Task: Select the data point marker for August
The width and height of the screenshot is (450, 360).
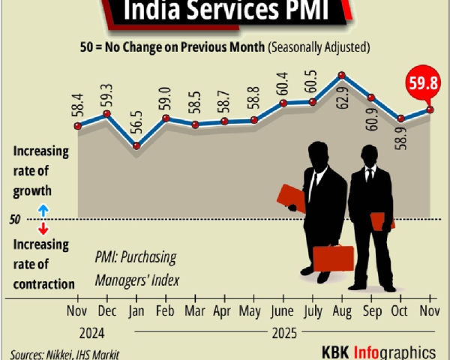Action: click(x=342, y=75)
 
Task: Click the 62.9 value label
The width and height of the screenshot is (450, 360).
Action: click(x=342, y=97)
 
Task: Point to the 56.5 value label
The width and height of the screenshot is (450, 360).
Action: click(x=136, y=121)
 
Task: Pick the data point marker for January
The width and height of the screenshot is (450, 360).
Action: click(x=136, y=145)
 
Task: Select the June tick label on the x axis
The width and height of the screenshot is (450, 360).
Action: click(x=283, y=310)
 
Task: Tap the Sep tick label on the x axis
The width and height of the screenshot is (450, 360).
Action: click(x=371, y=310)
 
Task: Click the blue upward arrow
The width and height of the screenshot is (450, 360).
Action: click(x=43, y=210)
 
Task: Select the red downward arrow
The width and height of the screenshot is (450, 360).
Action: click(x=43, y=229)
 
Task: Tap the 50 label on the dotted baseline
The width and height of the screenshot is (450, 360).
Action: click(x=16, y=220)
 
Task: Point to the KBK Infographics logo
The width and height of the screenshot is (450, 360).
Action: click(x=379, y=351)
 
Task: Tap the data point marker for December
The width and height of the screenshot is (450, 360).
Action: click(x=106, y=114)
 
